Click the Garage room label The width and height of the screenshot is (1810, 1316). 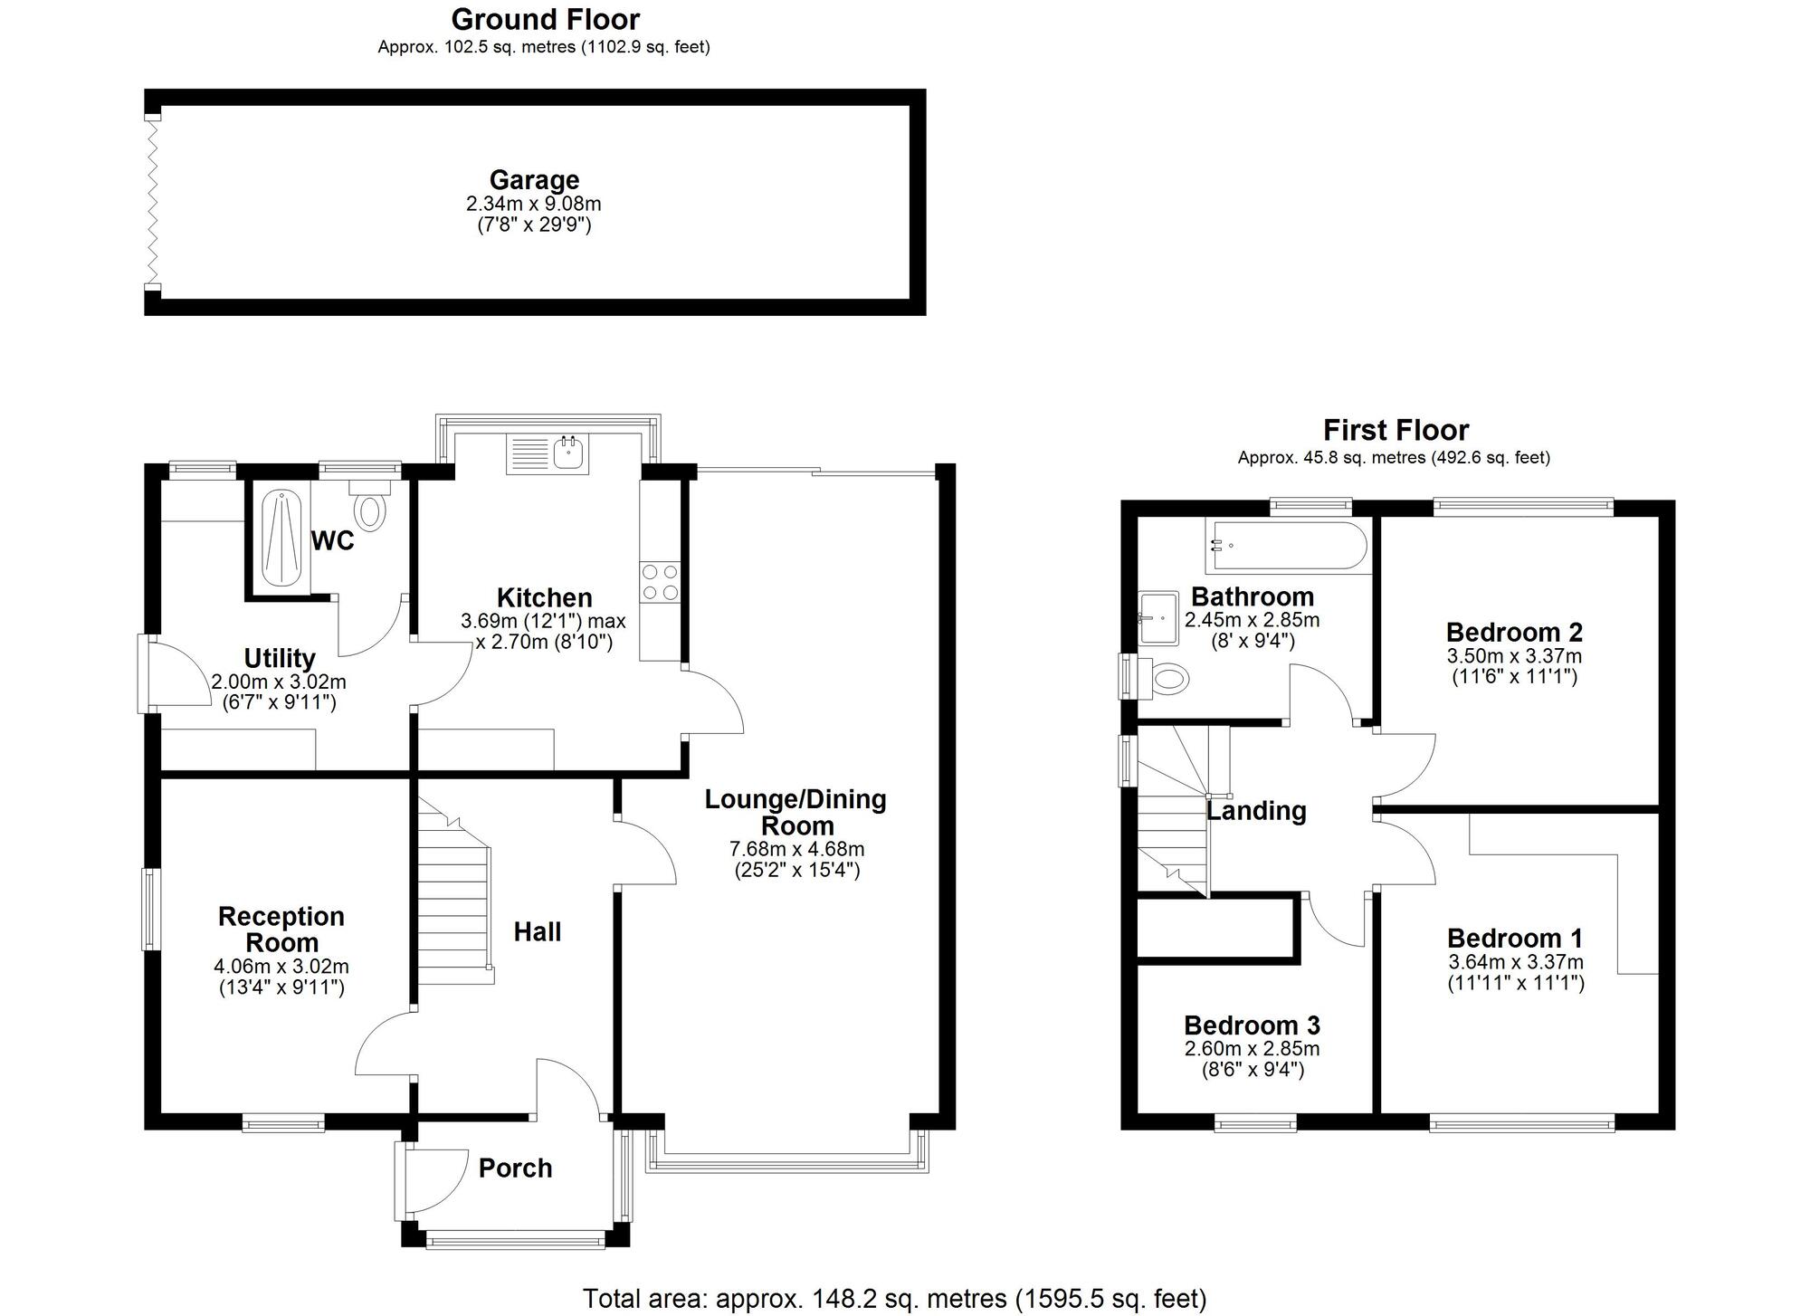pos(534,180)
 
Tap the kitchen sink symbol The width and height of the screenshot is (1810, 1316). pos(548,453)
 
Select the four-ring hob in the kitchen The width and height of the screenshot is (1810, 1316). pos(660,582)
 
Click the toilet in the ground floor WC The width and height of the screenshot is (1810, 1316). pos(369,508)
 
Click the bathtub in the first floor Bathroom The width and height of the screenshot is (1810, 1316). pos(1288,546)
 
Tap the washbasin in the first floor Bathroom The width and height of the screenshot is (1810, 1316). pos(1159,618)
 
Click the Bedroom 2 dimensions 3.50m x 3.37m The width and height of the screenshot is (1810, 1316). pos(1514,656)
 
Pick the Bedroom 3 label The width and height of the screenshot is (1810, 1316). pos(1252,1025)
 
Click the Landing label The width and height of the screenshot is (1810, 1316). pos(1256,811)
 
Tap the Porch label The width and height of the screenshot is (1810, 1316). pos(515,1168)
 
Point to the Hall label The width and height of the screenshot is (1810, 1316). pos(538,932)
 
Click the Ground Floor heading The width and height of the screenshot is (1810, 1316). pos(545,19)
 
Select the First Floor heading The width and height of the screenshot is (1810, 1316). pos(1396,430)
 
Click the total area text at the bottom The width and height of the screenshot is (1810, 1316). pos(894,1299)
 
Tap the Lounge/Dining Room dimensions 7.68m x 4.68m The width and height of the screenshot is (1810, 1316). pos(796,849)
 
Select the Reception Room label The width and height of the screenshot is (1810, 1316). pos(281,930)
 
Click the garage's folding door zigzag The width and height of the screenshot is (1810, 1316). pos(153,202)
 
